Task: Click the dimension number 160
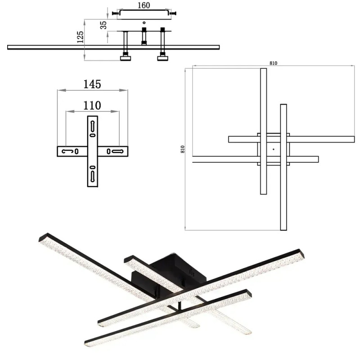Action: (x=144, y=5)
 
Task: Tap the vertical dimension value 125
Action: (x=80, y=37)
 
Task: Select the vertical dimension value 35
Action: (x=103, y=25)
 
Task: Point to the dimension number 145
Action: (x=92, y=84)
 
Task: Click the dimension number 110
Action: (x=92, y=106)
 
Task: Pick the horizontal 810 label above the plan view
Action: (x=273, y=63)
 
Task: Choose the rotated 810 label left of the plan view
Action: (x=183, y=149)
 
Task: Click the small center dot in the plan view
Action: (x=273, y=149)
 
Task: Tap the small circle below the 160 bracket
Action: (x=144, y=22)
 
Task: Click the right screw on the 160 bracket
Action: (x=173, y=13)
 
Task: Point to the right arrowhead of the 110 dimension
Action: (x=115, y=111)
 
